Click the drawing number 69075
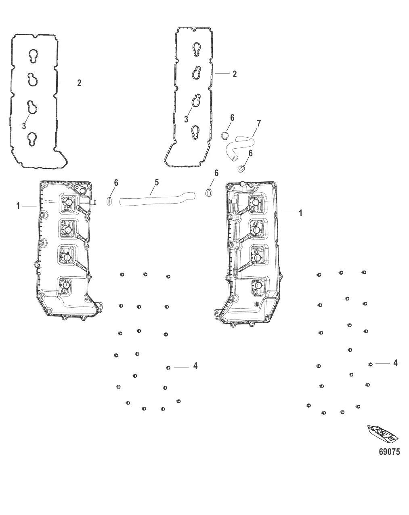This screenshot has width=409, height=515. [389, 452]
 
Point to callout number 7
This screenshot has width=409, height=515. [259, 123]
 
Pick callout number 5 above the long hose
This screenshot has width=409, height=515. [157, 183]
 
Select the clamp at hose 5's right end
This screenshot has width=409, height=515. [209, 193]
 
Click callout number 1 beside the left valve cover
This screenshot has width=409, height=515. [18, 206]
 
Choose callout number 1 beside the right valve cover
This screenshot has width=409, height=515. [300, 213]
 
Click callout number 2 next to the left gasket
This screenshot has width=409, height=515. [79, 83]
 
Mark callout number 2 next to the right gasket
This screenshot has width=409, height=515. [234, 74]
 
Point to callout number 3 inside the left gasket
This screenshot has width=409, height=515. [24, 126]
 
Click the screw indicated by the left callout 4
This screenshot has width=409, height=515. [168, 368]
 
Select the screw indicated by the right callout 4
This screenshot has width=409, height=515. [370, 364]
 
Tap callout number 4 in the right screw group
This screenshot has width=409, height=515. [395, 363]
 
